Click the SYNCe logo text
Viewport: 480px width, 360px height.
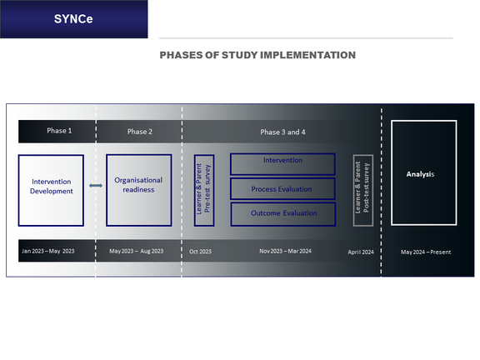pyautogui.click(x=73, y=19)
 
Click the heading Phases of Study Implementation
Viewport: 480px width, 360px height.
pyautogui.click(x=257, y=55)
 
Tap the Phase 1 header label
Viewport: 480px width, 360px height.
pyautogui.click(x=59, y=131)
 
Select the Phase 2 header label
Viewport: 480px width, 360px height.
pyautogui.click(x=140, y=132)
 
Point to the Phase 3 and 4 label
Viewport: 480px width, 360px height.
pyautogui.click(x=282, y=132)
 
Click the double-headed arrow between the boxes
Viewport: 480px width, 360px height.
pyautogui.click(x=96, y=186)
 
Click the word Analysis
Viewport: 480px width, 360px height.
pyautogui.click(x=420, y=174)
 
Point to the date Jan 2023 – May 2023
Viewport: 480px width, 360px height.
pyautogui.click(x=48, y=251)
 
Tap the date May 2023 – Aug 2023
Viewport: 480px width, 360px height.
pyautogui.click(x=137, y=251)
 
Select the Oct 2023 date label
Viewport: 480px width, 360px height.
pyautogui.click(x=200, y=252)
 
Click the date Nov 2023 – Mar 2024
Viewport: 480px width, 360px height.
pyautogui.click(x=285, y=251)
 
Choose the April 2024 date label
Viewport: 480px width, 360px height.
pyautogui.click(x=361, y=252)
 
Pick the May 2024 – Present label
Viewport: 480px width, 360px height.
pyautogui.click(x=426, y=252)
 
